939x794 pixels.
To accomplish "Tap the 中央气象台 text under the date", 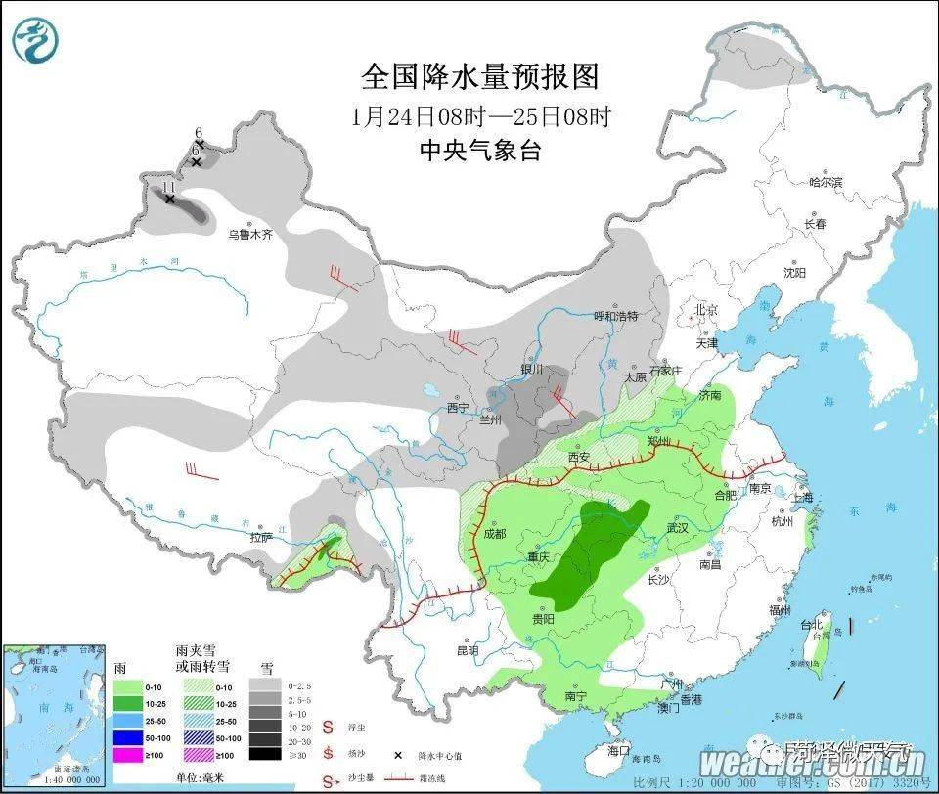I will pyautogui.click(x=479, y=151).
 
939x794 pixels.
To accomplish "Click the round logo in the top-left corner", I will pyautogui.click(x=36, y=40).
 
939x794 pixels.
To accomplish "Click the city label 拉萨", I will pyautogui.click(x=260, y=537).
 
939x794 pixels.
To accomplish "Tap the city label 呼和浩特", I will pyautogui.click(x=616, y=316).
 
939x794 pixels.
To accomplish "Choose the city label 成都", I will pyautogui.click(x=494, y=534).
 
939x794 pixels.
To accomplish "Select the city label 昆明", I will pyautogui.click(x=468, y=650).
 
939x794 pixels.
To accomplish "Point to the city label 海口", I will pyautogui.click(x=617, y=751).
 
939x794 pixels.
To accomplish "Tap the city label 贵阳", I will pyautogui.click(x=544, y=620).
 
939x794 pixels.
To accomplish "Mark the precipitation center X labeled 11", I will pyautogui.click(x=169, y=198).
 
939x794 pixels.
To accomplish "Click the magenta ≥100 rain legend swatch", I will pyautogui.click(x=130, y=754).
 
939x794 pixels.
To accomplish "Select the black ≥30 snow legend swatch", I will pyautogui.click(x=262, y=754).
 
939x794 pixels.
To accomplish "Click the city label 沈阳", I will pyautogui.click(x=794, y=273).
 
